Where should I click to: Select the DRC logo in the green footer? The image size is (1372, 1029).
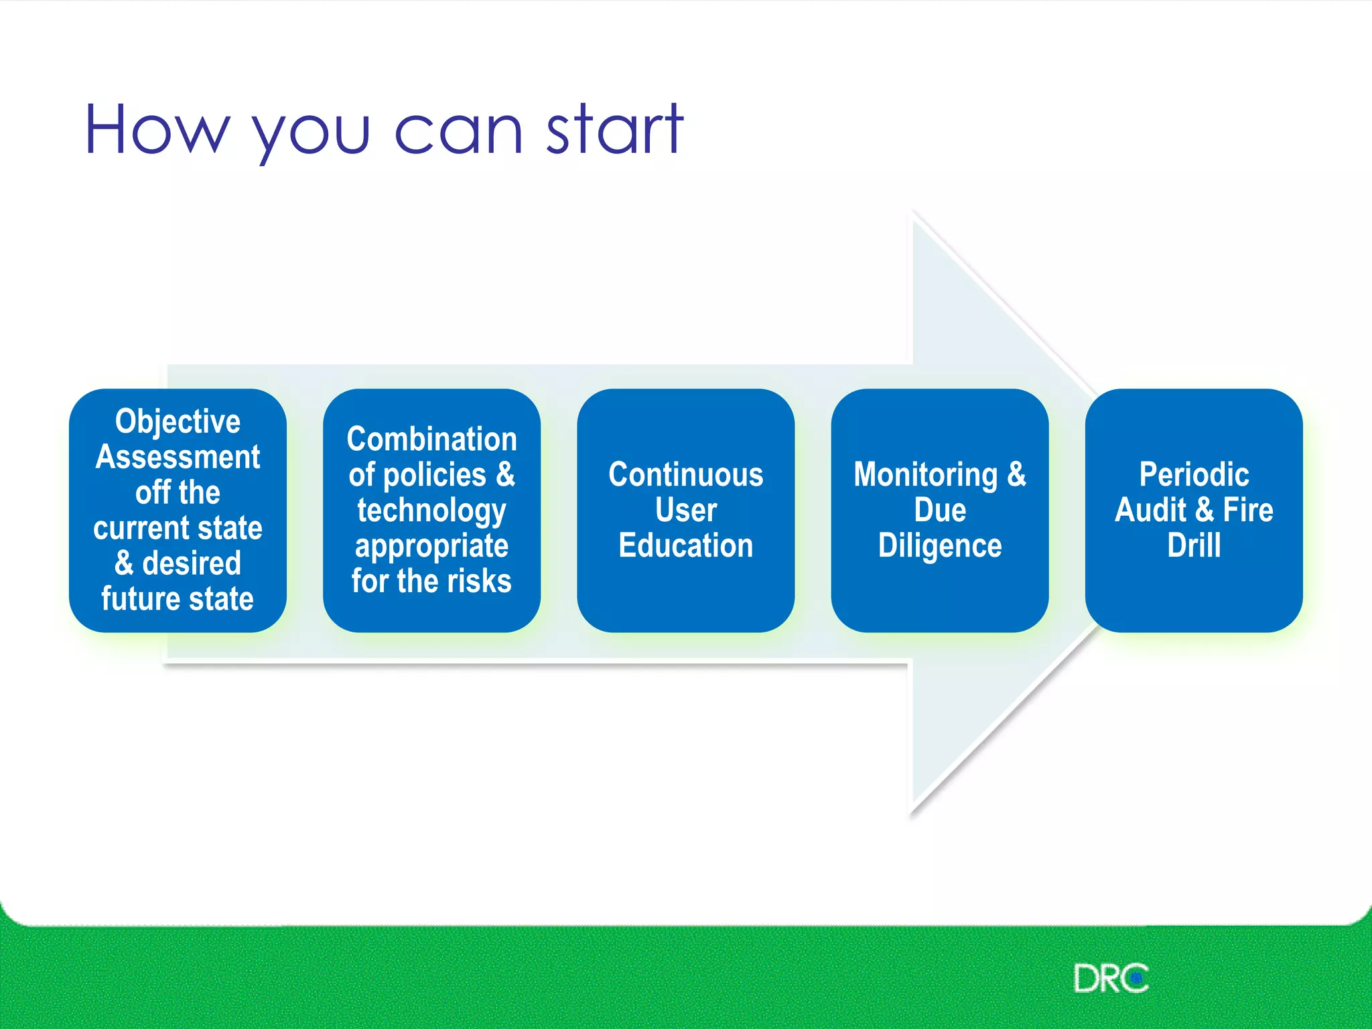pos(1111,979)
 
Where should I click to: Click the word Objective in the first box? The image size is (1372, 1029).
pos(178,421)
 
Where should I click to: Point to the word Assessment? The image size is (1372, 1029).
pos(178,457)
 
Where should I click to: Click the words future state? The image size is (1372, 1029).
pos(178,598)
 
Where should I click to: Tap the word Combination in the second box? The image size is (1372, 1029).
pos(431,439)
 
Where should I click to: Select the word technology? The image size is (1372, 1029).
pos(431,510)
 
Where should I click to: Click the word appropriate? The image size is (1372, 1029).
pos(431,546)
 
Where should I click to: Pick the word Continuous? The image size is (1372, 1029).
pos(685,474)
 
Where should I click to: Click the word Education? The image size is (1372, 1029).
pos(685,545)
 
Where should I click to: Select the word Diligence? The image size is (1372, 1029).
pos(939,545)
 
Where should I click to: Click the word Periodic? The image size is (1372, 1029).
pos(1194,474)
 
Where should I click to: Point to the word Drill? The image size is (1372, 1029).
pos(1194,545)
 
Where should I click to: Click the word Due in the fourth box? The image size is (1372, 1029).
pos(940,510)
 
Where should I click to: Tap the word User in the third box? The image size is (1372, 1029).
pos(685,510)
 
